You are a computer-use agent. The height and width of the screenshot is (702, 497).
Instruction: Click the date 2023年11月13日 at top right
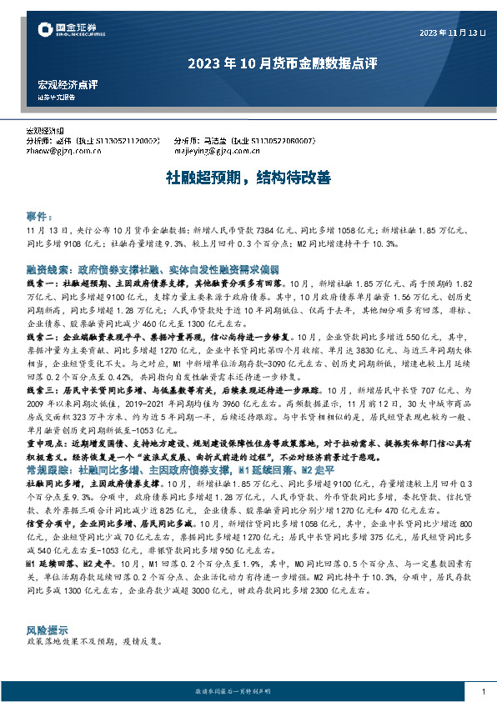(451, 33)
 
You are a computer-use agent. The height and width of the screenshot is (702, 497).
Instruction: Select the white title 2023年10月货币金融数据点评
(248, 62)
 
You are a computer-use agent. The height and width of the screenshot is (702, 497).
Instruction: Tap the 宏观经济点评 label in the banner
(68, 84)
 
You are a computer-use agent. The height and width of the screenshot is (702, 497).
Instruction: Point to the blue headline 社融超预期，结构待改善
(248, 177)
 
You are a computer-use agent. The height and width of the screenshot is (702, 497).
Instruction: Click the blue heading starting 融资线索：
(152, 270)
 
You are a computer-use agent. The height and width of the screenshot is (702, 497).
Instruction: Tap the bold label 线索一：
(44, 283)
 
